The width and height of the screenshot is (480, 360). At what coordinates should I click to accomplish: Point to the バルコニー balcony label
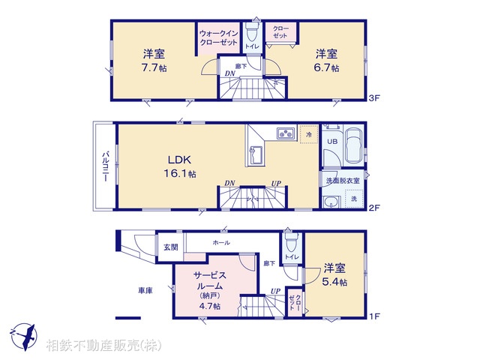[106, 168]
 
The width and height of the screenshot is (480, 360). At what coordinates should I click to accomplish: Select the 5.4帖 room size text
[334, 282]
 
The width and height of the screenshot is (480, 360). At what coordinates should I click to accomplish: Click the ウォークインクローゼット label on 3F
[219, 38]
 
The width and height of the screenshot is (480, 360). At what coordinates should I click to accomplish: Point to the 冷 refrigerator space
[309, 134]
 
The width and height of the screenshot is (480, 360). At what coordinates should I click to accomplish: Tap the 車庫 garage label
[145, 290]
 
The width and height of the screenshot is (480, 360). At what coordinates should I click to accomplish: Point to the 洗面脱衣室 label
[342, 181]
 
